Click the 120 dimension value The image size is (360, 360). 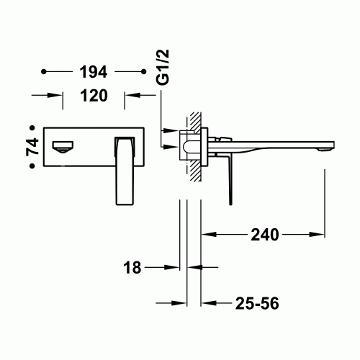coord(94,96)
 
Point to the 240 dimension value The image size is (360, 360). coord(266,234)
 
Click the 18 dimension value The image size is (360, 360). coord(132,268)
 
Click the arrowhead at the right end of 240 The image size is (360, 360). coord(321,234)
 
